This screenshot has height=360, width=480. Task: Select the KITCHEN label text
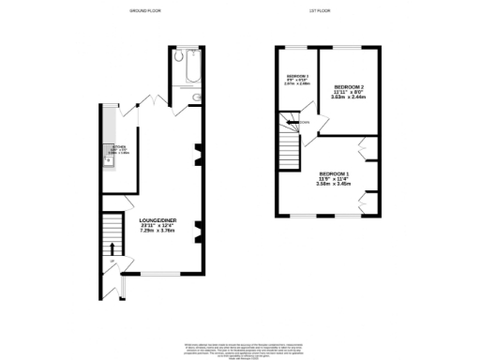pyautogui.click(x=119, y=146)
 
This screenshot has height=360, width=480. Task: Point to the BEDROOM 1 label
pyautogui.click(x=334, y=174)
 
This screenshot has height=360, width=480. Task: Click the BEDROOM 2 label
pyautogui.click(x=350, y=86)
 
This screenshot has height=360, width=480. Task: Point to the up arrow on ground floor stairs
pyautogui.click(x=114, y=248)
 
